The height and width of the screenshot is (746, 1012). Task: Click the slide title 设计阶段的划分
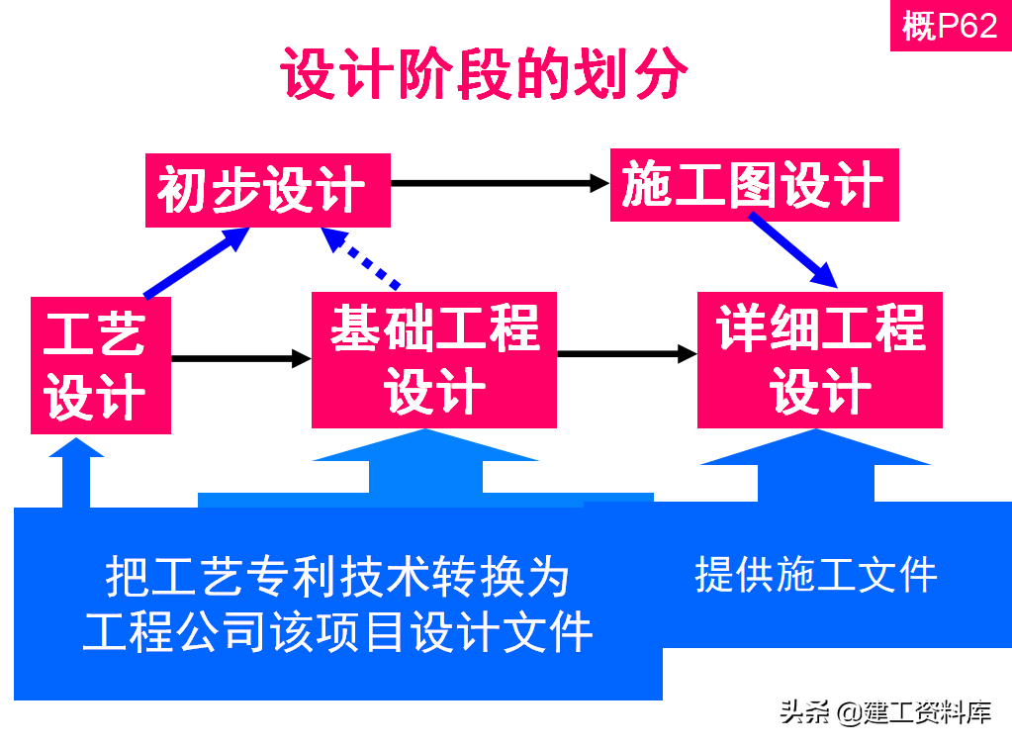coord(484,75)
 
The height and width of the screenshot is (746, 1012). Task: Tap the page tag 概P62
coord(950,27)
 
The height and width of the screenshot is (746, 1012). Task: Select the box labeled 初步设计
coord(267,190)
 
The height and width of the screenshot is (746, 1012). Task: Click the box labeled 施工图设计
coord(754,185)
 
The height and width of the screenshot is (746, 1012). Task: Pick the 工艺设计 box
coord(101,364)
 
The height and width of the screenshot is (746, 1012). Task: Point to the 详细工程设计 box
coord(819,358)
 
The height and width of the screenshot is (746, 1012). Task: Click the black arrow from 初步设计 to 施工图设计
coord(500,183)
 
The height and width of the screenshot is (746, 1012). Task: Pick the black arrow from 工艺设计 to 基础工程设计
coord(241,357)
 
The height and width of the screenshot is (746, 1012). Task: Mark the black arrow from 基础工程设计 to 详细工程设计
coord(627,353)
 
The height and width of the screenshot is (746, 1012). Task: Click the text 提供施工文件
coord(816,574)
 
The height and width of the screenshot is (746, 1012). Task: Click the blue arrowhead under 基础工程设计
coord(425,447)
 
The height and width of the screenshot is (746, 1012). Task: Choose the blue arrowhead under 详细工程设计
coord(816,448)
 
